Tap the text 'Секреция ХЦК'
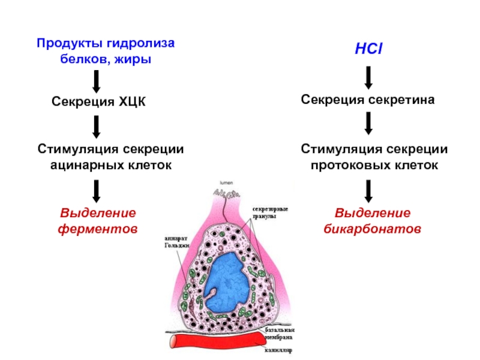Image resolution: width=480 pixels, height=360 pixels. (98, 103)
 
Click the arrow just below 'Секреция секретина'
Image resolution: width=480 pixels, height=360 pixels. (368, 122)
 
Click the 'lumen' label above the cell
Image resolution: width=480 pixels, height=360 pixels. (225, 181)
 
